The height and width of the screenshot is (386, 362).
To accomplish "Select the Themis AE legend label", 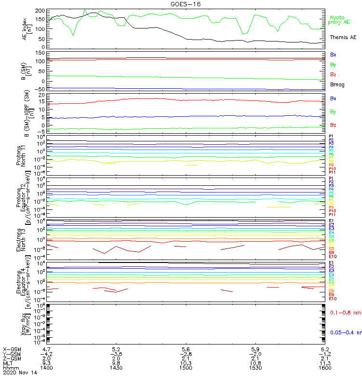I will (x=343, y=37).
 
